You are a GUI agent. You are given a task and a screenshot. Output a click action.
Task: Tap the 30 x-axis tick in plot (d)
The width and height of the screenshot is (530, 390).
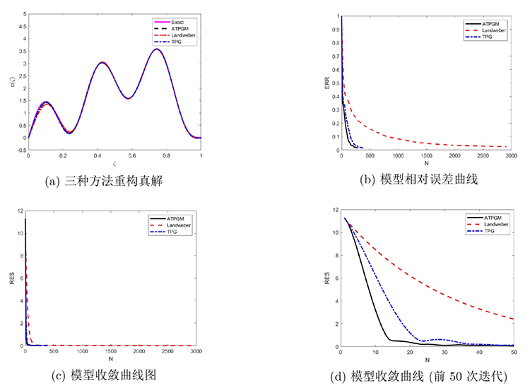click(444, 351)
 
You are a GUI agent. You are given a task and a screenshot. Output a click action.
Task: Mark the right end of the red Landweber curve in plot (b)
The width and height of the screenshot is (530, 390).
click(507, 147)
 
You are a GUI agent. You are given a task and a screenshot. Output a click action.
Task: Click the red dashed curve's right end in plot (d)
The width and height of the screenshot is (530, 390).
click(513, 319)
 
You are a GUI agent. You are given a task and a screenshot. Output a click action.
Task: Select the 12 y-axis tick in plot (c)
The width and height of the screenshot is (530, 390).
click(20, 211)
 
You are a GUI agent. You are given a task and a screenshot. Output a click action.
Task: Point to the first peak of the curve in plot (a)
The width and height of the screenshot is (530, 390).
click(46, 102)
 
